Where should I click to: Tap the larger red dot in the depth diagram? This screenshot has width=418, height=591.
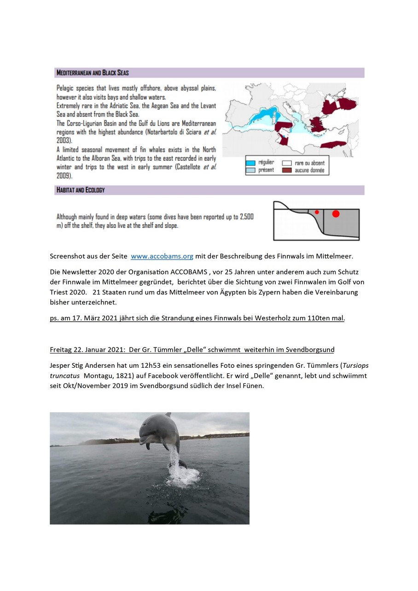coord(336,214)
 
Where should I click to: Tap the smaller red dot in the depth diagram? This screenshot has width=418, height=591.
coord(317,212)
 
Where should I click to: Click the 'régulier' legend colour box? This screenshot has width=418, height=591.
coord(250,163)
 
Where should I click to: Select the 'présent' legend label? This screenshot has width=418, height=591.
coord(266,170)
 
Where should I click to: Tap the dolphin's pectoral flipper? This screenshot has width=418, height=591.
coord(147,444)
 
